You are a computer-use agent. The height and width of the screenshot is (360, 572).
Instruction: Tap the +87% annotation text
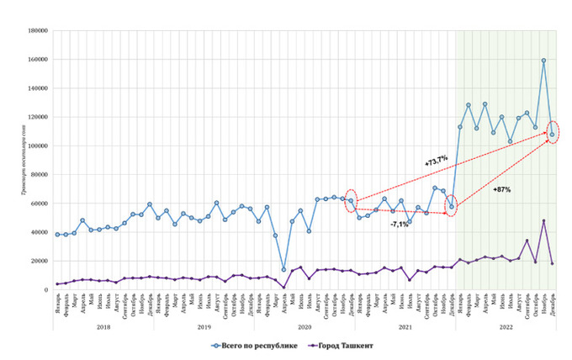coord(501,190)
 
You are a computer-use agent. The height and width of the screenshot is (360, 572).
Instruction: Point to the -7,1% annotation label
coord(400,225)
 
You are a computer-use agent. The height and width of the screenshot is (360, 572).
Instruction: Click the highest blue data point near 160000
coord(543,61)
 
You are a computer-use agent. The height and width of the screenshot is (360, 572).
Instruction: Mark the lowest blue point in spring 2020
coord(283,270)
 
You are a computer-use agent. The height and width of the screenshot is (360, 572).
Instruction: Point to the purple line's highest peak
coord(543,221)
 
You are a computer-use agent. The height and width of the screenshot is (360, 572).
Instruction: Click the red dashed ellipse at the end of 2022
coord(553,133)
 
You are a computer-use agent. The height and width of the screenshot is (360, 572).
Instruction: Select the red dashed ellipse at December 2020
coord(352,200)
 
